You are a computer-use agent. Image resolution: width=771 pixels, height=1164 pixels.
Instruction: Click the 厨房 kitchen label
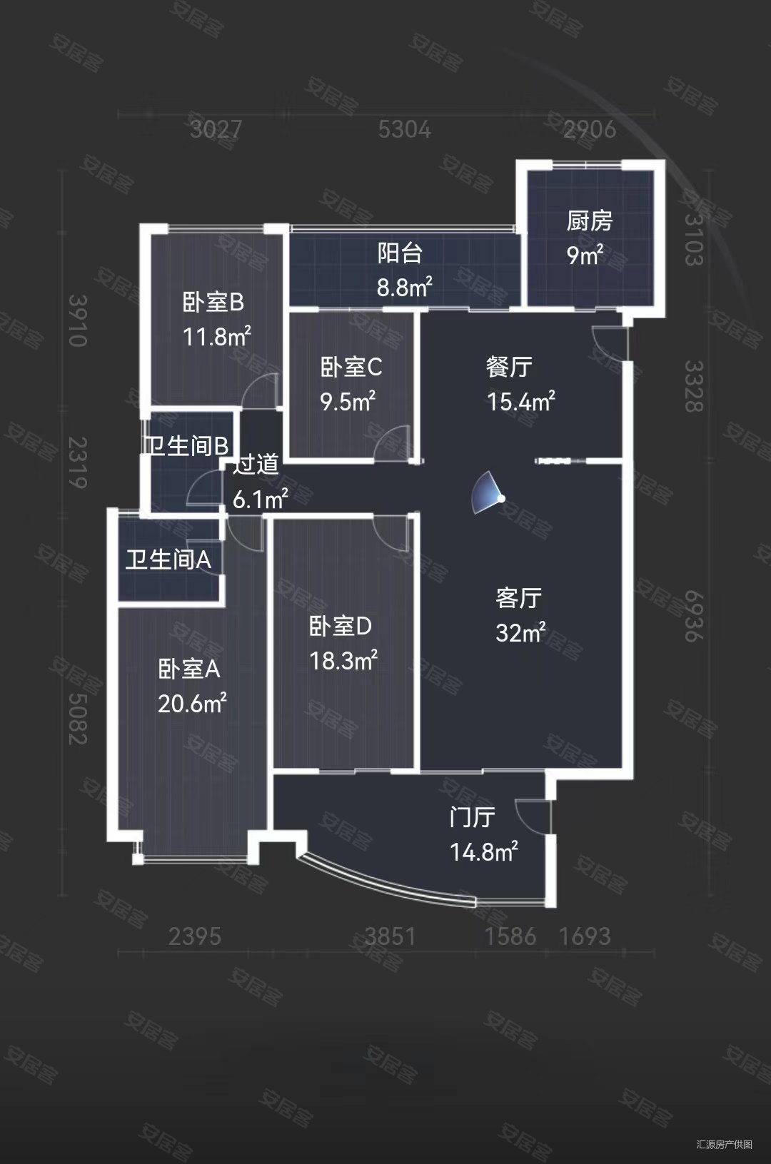(589, 221)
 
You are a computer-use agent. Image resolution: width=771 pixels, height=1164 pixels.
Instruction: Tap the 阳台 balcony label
(400, 253)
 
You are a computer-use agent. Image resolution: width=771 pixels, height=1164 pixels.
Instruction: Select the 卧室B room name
(213, 302)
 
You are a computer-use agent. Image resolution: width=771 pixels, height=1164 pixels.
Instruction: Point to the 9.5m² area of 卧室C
(348, 402)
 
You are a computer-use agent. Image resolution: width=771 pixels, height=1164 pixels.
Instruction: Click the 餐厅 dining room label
(509, 367)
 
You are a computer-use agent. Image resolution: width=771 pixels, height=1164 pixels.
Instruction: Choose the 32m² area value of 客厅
(520, 632)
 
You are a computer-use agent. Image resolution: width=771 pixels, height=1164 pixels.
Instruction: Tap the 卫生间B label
(188, 446)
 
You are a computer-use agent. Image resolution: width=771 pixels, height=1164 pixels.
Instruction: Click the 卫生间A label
(168, 560)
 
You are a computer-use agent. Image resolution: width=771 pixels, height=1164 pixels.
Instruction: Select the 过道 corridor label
(256, 465)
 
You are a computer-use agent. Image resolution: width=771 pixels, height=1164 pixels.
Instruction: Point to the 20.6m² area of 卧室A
(192, 704)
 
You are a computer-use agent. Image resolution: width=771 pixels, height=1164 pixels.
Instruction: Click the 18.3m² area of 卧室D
(343, 661)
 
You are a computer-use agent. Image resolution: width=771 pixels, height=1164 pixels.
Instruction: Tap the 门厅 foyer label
(472, 816)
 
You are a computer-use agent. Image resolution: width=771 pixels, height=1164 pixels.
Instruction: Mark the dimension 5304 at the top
(405, 129)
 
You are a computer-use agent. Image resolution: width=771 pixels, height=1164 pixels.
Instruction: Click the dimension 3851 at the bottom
(390, 936)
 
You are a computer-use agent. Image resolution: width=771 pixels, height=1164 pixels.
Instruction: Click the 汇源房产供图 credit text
(724, 1144)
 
